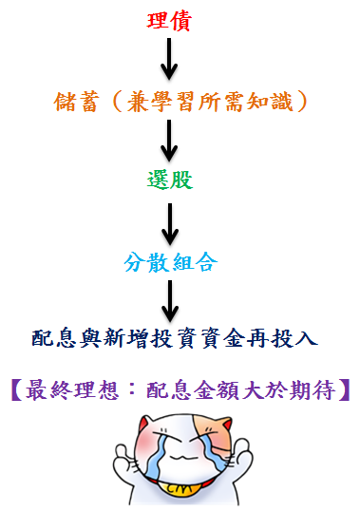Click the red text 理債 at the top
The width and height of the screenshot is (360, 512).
click(170, 22)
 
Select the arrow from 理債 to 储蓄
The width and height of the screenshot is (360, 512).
click(170, 60)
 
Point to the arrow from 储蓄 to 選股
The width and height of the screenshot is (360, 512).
click(170, 139)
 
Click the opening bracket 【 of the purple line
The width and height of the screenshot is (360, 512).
click(17, 389)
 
